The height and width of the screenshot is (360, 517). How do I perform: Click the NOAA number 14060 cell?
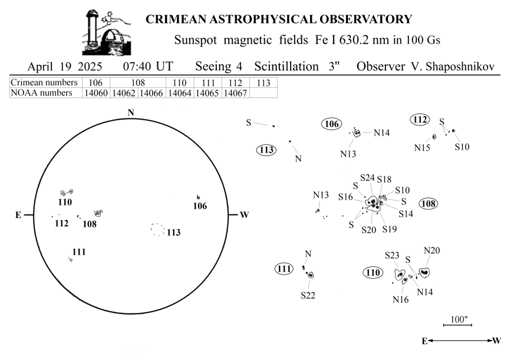[96, 93]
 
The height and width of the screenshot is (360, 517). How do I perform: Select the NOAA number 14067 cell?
[235, 93]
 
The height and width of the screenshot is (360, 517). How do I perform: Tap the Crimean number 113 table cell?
[264, 82]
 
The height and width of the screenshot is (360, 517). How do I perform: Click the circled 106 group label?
[331, 124]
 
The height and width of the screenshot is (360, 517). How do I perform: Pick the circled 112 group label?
[420, 120]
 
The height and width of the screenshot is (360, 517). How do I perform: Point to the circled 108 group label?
[429, 204]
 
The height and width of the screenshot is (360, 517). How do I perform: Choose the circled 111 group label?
[284, 269]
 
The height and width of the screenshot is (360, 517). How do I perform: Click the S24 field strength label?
[367, 178]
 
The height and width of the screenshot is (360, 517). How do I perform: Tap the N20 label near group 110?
[432, 250]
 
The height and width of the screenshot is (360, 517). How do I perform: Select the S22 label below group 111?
[308, 295]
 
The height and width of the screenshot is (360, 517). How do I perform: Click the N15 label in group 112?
[422, 148]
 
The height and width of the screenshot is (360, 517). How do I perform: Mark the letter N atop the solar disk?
[131, 113]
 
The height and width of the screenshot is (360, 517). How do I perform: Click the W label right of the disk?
[244, 215]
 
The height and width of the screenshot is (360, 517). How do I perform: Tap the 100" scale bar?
[457, 325]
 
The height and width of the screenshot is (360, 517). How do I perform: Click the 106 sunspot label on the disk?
[200, 206]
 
